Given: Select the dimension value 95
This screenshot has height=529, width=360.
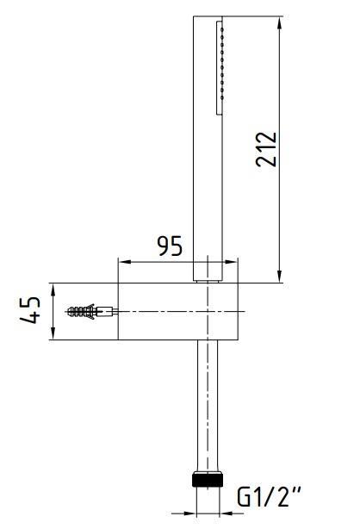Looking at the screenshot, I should point(169,247).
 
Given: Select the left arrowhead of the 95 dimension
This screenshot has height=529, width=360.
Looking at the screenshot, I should point(123,262).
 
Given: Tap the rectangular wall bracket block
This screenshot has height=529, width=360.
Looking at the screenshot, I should point(177,311).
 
